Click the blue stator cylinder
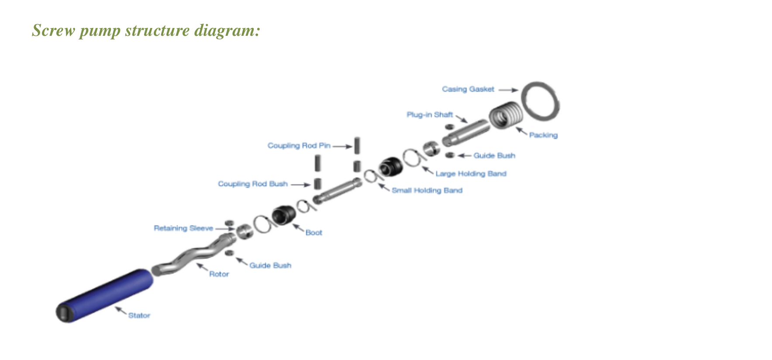point(105,296)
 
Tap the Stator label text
point(139,315)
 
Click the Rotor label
point(219,274)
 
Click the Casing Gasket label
point(468,89)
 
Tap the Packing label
point(543,135)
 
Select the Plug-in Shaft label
point(430,114)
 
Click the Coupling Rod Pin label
point(299,145)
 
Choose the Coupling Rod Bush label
point(253,184)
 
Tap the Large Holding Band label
point(471,173)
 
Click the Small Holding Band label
point(427,190)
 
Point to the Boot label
point(314,232)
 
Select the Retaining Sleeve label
point(183,228)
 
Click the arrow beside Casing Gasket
point(508,90)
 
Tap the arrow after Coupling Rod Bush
point(301,185)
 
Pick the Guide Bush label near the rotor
point(270,265)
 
